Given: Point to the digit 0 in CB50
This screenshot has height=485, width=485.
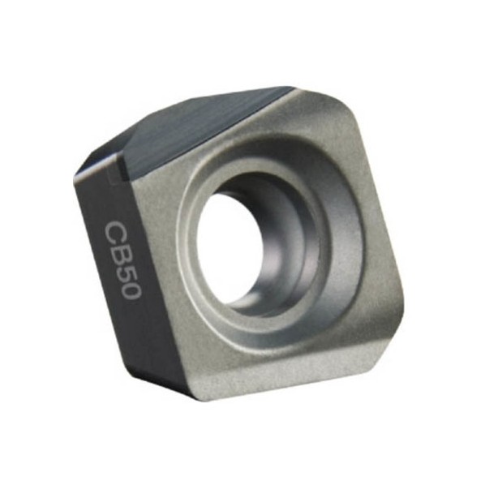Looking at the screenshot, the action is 131,290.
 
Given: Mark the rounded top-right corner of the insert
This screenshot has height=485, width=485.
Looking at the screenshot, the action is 346,108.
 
